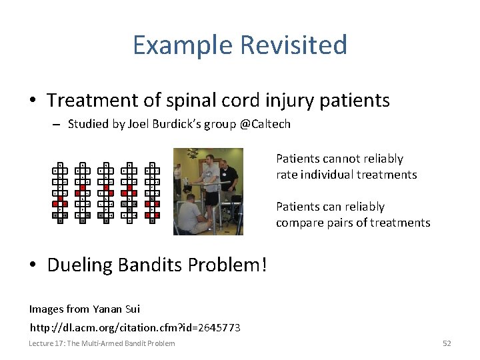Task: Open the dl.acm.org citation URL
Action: (135, 327)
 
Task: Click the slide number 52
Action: (447, 343)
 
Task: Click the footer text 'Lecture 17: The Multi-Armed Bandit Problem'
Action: (102, 343)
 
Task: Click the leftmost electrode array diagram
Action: (60, 193)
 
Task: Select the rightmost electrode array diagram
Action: (152, 193)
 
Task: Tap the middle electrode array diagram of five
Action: (106, 193)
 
